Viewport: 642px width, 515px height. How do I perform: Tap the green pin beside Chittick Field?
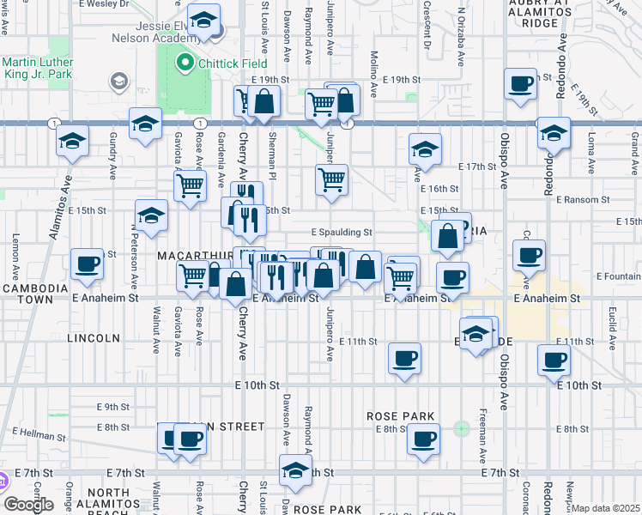click(x=182, y=63)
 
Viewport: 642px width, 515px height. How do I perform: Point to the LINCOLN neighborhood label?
click(x=93, y=338)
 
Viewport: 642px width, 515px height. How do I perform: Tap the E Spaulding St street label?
click(x=341, y=232)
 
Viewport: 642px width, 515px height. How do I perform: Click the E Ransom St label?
click(x=581, y=199)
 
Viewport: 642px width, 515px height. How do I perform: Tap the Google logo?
click(x=27, y=505)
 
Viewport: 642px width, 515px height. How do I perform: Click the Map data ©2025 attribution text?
click(x=605, y=508)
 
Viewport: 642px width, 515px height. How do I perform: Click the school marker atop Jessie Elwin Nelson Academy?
click(x=203, y=19)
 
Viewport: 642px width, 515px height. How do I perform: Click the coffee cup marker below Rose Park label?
click(x=421, y=440)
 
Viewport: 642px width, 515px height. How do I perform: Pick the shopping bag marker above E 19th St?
click(x=265, y=100)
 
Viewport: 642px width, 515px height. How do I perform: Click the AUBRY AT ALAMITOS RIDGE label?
click(x=562, y=13)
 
